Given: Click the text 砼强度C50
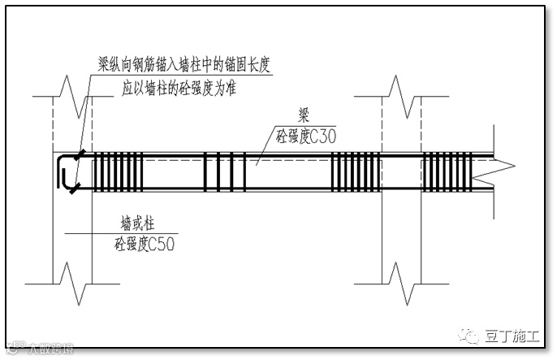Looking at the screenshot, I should click(x=145, y=241).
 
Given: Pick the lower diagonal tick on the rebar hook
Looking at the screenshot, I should click(x=75, y=189).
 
